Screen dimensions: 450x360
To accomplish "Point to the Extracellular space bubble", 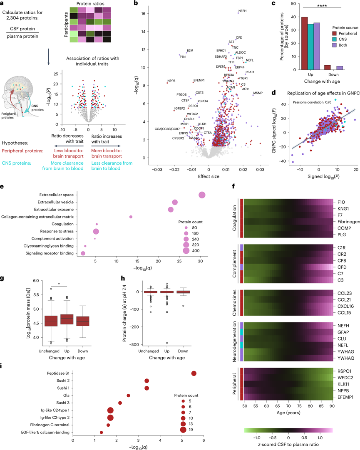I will coord(202,195).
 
